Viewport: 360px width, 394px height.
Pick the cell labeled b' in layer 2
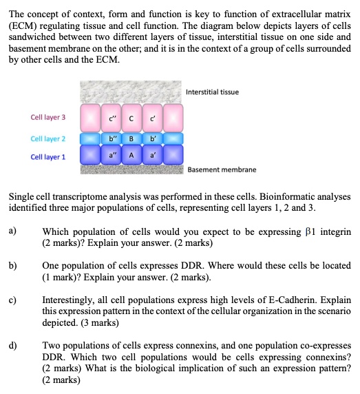[153, 143]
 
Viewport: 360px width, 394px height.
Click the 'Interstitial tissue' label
[213, 92]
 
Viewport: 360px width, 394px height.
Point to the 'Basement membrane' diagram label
[222, 169]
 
